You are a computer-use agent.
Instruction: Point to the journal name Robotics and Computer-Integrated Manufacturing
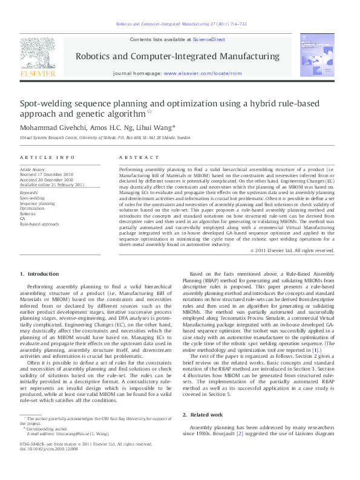click(x=178, y=55)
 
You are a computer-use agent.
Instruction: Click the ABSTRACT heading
click(x=139, y=157)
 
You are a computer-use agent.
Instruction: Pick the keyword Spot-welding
click(x=32, y=198)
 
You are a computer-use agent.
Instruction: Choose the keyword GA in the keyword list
click(x=23, y=218)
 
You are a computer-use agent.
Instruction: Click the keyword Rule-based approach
click(x=39, y=224)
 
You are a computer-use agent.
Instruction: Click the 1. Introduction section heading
click(x=40, y=274)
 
